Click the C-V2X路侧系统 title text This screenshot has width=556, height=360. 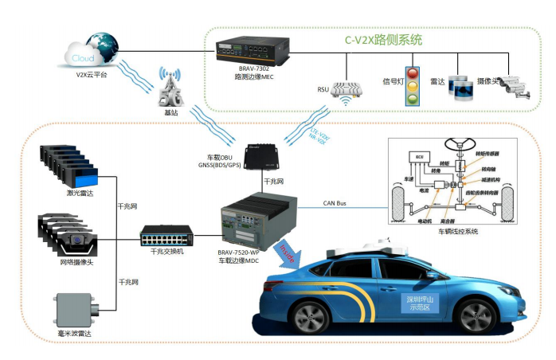383,39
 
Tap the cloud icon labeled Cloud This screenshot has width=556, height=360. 83,58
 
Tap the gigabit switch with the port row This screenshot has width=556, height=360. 166,235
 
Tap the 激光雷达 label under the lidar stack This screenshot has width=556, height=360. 71,193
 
